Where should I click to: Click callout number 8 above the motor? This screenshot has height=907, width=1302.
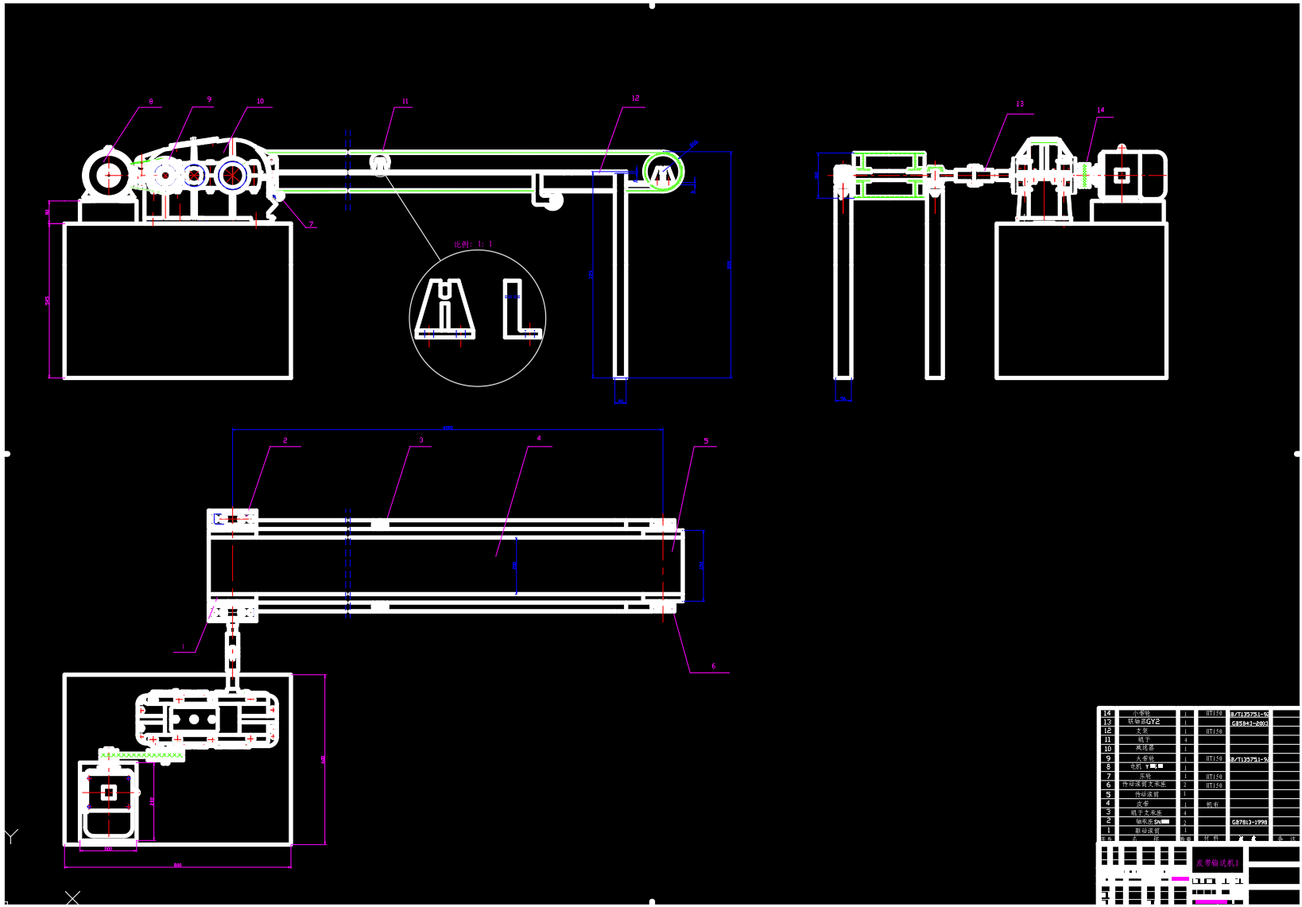coord(151,102)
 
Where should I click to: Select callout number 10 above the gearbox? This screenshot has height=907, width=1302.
coord(260,101)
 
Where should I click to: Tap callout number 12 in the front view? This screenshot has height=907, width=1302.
coord(635,99)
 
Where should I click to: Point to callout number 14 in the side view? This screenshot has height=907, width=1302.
coord(1100,110)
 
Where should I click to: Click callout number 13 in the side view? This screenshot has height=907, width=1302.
coord(1020,104)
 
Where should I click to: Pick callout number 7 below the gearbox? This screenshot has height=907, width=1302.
coord(311,224)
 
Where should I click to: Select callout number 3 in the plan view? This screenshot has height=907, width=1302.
coord(421,440)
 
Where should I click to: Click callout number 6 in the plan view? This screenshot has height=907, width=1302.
coord(713,666)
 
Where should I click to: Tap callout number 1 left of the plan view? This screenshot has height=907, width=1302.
coord(183,647)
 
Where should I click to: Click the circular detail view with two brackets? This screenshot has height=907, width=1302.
coord(477,318)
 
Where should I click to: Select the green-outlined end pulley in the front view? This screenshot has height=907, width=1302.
coord(663,172)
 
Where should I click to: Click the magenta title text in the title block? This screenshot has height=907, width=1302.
coord(1217,862)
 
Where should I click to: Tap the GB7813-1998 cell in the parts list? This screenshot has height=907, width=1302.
coord(1250,822)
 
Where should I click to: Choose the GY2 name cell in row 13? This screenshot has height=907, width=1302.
coord(1145,722)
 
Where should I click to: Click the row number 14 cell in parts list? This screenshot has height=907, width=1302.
coord(1107,713)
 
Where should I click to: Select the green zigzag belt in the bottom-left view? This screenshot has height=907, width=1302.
coord(141,754)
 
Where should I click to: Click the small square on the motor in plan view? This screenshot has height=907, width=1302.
coord(109,792)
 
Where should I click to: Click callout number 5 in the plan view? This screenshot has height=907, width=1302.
coord(706,441)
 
